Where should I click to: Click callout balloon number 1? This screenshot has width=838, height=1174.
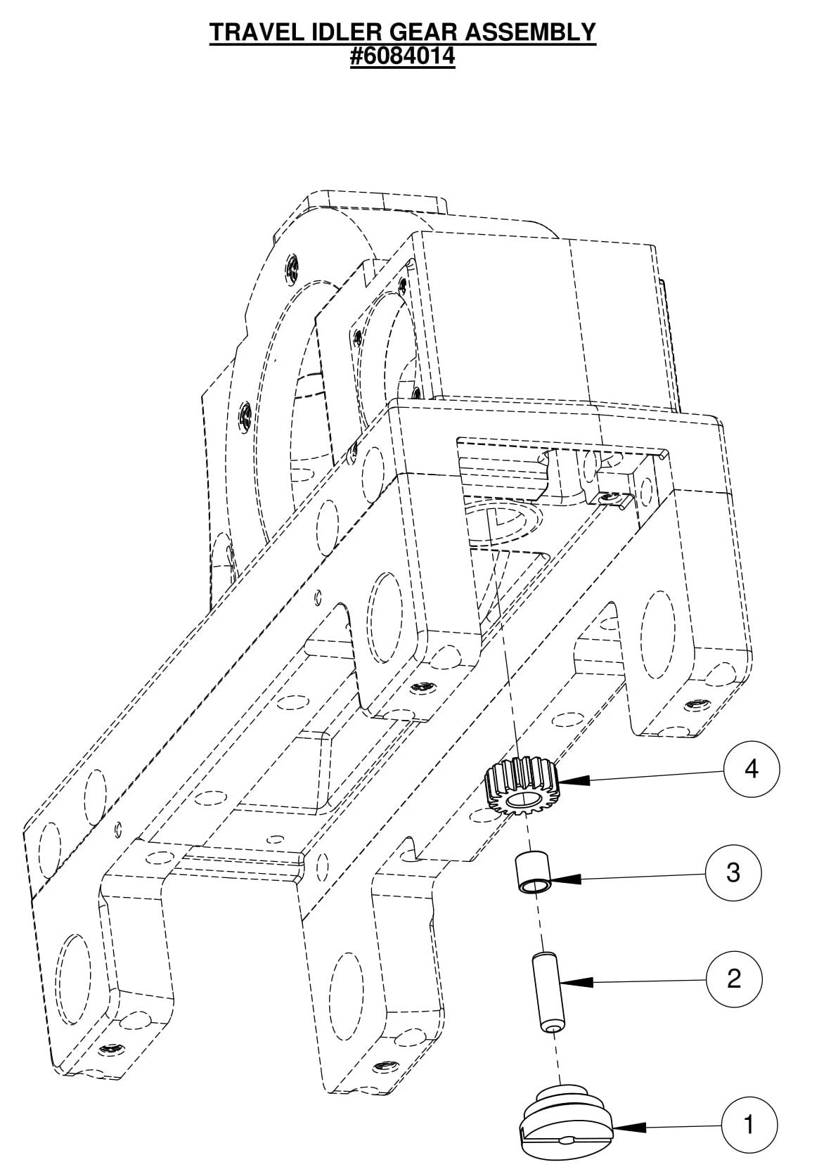pyautogui.click(x=749, y=1124)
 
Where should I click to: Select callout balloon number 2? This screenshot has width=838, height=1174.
pyautogui.click(x=734, y=978)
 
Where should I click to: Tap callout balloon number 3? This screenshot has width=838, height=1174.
pyautogui.click(x=733, y=873)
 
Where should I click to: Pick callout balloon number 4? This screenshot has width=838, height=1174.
pyautogui.click(x=752, y=769)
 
